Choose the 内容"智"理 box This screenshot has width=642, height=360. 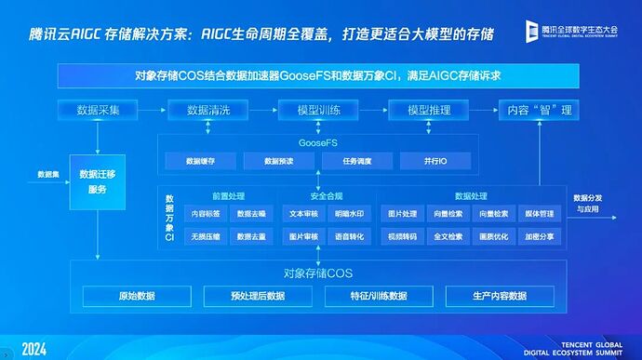pyautogui.click(x=539, y=110)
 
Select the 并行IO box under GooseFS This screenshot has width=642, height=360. pyautogui.click(x=436, y=161)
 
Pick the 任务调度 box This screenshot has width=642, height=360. pyautogui.click(x=355, y=161)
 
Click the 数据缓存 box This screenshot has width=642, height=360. pyautogui.click(x=201, y=161)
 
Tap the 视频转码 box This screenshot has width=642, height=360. pyautogui.click(x=402, y=236)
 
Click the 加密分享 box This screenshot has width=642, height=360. pyautogui.click(x=538, y=236)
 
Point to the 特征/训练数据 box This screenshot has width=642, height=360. pyautogui.click(x=378, y=296)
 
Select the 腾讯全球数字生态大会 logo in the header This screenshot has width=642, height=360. pyautogui.click(x=571, y=31)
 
